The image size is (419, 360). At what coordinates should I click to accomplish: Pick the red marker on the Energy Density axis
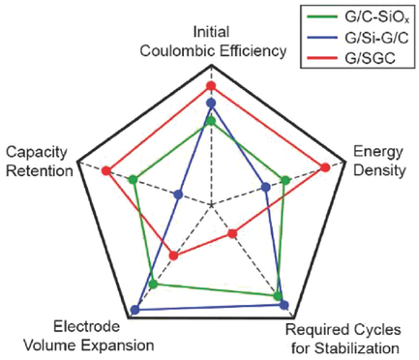(x=325, y=167)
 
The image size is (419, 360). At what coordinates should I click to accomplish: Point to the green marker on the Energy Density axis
(x=285, y=180)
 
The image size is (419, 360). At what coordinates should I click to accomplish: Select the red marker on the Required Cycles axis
(x=233, y=234)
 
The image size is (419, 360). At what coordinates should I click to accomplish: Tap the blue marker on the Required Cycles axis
(x=284, y=305)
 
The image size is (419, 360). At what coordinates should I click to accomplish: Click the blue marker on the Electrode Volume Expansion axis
(x=135, y=310)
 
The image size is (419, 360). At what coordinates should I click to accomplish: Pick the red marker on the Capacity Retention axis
(x=105, y=171)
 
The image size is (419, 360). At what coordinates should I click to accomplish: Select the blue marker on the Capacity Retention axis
(x=177, y=195)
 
